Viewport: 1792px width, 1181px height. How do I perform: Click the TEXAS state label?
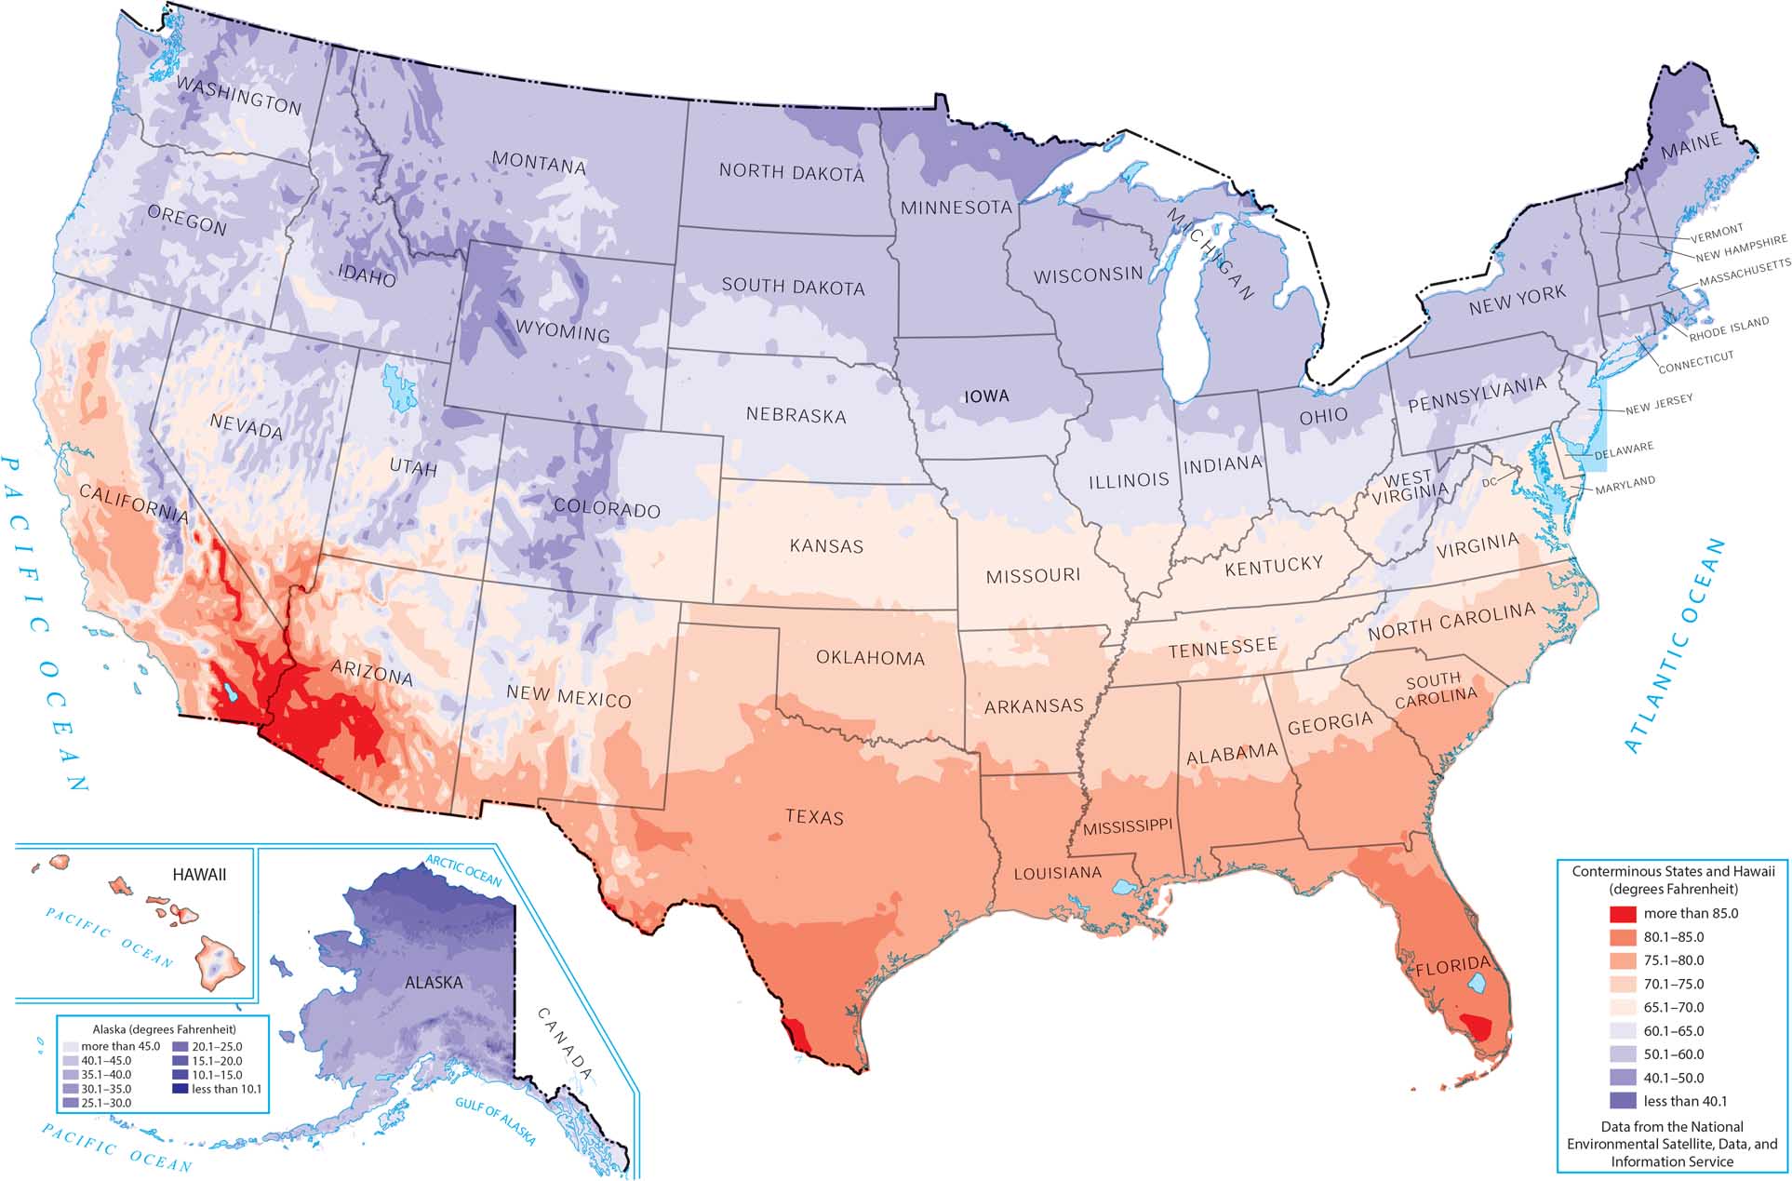point(814,817)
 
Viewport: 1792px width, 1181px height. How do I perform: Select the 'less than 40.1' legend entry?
point(1685,1101)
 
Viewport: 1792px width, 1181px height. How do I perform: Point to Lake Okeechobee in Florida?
point(1477,982)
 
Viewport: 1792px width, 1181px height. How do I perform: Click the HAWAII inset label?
point(199,874)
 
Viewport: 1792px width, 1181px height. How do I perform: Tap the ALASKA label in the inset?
point(434,982)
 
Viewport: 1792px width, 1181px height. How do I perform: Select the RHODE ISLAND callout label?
point(1729,329)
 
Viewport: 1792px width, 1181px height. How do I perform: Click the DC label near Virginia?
point(1489,482)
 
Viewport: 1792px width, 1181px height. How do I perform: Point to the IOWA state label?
point(986,396)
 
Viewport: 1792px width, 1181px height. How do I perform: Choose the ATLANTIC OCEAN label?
point(1675,645)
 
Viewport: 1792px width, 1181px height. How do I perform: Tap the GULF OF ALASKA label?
point(496,1121)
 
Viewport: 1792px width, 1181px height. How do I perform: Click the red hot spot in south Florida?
point(1476,1027)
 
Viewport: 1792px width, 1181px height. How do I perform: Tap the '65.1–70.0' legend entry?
point(1685,1007)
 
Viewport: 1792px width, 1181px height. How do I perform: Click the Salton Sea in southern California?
point(226,693)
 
